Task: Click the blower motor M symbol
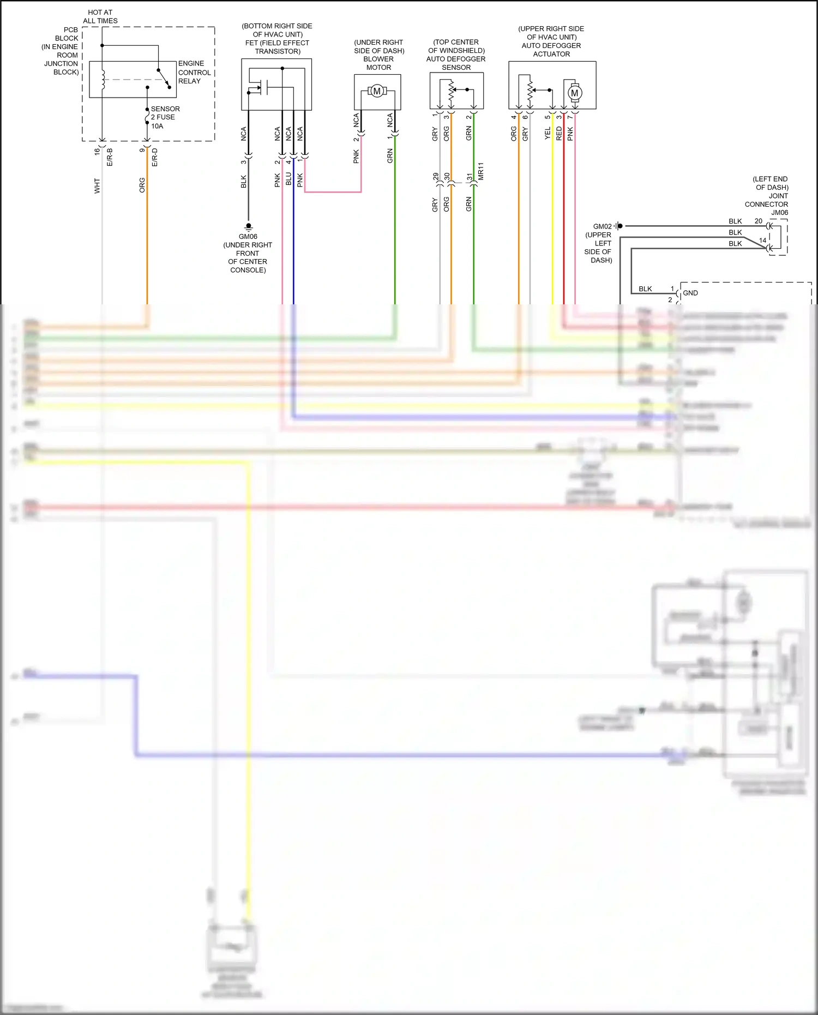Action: pyautogui.click(x=377, y=91)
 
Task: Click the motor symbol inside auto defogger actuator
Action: pyautogui.click(x=574, y=93)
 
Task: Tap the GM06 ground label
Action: pyautogui.click(x=248, y=236)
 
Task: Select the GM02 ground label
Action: pyautogui.click(x=602, y=226)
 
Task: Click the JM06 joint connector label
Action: pyautogui.click(x=779, y=213)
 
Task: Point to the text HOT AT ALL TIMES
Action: pyautogui.click(x=100, y=16)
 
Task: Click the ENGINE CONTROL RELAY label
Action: pyautogui.click(x=194, y=72)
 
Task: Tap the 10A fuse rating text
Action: pyautogui.click(x=157, y=126)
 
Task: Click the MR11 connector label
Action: pyautogui.click(x=480, y=171)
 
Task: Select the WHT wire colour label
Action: pyautogui.click(x=97, y=185)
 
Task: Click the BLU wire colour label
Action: pyautogui.click(x=288, y=179)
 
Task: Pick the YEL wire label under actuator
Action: pyautogui.click(x=548, y=134)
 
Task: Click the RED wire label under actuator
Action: pyautogui.click(x=558, y=134)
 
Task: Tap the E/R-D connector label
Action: pyautogui.click(x=154, y=157)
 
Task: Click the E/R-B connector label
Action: pyautogui.click(x=110, y=157)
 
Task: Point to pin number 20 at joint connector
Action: pyautogui.click(x=758, y=221)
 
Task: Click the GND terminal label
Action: pyautogui.click(x=690, y=293)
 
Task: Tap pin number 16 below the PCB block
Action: pyautogui.click(x=97, y=151)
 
